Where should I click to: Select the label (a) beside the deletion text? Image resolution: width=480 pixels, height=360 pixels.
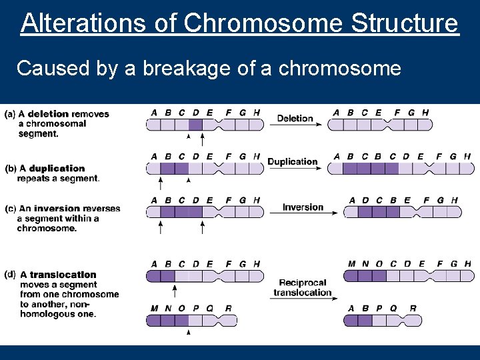pos(10,114)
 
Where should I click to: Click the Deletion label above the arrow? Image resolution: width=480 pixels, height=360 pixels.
pos(295,119)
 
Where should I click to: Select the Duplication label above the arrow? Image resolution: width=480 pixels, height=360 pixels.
pos(292,161)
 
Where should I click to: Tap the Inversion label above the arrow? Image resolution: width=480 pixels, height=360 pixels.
pos(303,207)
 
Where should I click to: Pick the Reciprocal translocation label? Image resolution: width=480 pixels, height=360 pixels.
pos(302,287)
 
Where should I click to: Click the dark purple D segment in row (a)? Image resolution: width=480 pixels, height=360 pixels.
pos(195,124)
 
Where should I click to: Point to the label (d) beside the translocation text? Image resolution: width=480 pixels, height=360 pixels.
pos(10,274)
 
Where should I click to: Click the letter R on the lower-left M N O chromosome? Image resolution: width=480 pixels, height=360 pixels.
pos(229,309)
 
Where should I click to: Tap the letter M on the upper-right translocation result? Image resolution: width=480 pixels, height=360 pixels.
pos(351,264)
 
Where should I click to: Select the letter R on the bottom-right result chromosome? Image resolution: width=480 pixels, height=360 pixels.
pos(412,309)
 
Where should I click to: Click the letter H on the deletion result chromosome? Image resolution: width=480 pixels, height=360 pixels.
pos(425,113)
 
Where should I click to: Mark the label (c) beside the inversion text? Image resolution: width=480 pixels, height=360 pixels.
pos(10,209)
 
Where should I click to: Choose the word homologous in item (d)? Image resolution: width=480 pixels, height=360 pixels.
pos(58,313)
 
